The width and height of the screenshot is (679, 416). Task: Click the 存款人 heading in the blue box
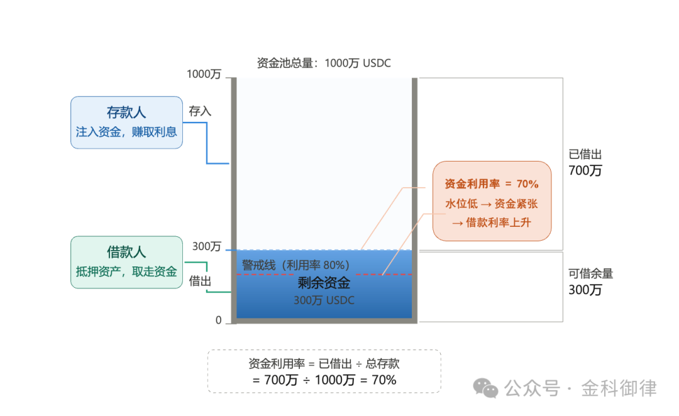(x=126, y=112)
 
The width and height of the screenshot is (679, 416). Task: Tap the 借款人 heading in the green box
(x=126, y=253)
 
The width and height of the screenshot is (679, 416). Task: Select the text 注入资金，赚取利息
(x=126, y=132)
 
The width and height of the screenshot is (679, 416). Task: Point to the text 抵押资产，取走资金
(x=126, y=272)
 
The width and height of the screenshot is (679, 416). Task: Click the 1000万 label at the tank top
(x=204, y=74)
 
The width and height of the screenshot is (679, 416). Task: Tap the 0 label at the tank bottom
(x=219, y=320)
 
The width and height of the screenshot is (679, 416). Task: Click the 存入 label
(x=200, y=111)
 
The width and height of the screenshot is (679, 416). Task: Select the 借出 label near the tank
(x=200, y=282)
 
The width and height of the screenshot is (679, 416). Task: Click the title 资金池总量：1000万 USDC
(x=324, y=63)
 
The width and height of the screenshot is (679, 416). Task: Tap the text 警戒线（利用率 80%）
(x=295, y=265)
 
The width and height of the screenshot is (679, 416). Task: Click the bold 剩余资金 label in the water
(x=324, y=284)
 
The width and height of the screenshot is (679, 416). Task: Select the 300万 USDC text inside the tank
(x=324, y=300)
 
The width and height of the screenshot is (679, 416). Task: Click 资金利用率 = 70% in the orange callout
(x=492, y=184)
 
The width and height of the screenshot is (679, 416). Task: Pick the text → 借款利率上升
(x=492, y=222)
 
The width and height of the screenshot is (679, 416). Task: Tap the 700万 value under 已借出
(x=585, y=170)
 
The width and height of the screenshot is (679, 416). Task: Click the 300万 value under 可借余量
(x=585, y=290)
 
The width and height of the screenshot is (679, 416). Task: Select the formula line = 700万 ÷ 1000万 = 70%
(x=324, y=380)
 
